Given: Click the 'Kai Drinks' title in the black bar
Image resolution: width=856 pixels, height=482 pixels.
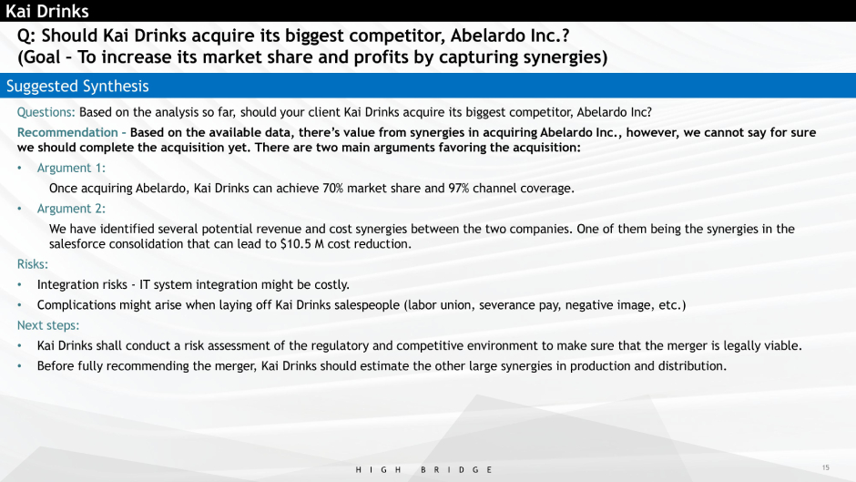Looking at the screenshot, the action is pos(47,11).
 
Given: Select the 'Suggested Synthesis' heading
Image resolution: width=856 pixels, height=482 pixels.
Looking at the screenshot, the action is pos(77,87).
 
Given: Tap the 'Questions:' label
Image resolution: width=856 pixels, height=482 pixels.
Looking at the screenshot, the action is pos(46,113).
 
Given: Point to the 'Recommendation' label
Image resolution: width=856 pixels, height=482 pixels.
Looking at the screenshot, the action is pos(67,132).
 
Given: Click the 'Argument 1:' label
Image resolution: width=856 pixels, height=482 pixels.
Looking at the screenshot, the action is pos(71,168).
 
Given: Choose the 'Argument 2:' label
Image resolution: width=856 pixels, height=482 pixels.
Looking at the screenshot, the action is pos(71,209).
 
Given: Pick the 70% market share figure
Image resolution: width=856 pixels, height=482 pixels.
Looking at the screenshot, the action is pos(333,188).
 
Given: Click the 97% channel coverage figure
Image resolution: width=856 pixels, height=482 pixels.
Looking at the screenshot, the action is pos(459,188).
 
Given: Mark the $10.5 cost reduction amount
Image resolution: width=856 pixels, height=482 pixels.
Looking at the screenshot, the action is pos(296,243).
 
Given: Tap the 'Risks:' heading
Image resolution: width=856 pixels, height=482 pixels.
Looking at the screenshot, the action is pos(32,264).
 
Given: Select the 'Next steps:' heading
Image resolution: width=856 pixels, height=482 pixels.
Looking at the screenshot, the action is pos(48,325).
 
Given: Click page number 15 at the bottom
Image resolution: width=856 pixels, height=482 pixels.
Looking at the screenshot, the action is pos(825,467).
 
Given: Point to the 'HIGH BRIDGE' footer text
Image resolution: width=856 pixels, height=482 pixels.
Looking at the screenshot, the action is pos(424,469).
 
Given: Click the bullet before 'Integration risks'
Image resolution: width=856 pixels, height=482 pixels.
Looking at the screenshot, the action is pos(20,284).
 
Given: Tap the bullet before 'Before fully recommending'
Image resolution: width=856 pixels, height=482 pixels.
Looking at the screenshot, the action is pos(20,366).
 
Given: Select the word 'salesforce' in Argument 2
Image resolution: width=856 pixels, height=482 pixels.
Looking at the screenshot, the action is pos(77,243).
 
